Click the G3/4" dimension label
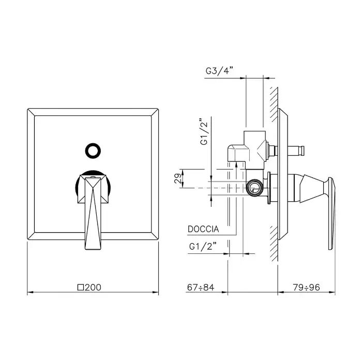(219, 71)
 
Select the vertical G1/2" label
(204, 131)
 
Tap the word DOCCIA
(203, 229)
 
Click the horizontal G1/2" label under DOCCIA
(203, 247)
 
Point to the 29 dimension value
(178, 178)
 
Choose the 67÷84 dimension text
(201, 288)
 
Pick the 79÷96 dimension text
(306, 288)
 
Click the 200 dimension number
(93, 288)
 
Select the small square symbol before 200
(81, 288)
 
